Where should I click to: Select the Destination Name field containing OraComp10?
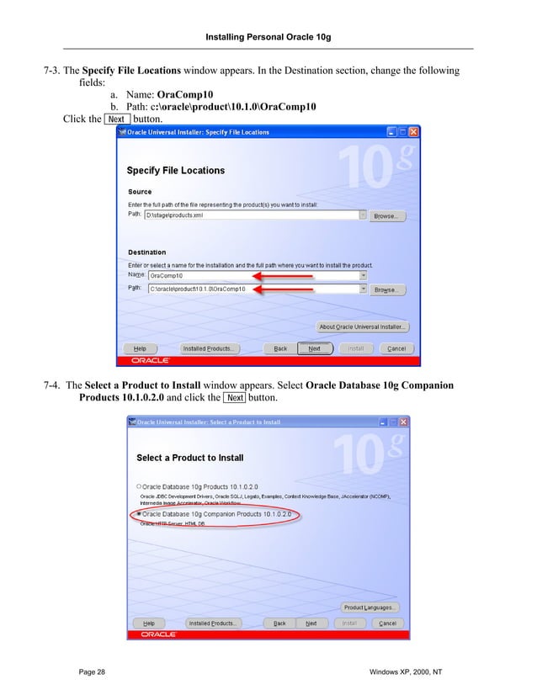[253, 275]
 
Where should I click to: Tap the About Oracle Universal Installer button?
[363, 326]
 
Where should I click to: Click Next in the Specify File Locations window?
[314, 348]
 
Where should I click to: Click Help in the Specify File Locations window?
[140, 348]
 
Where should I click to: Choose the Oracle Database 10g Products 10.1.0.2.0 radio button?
[139, 486]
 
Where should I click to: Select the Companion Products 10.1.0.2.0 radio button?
[139, 512]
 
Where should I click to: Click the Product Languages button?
[370, 607]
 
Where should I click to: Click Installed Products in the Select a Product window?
[211, 623]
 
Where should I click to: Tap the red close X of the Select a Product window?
[403, 421]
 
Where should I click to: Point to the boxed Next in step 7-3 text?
[116, 119]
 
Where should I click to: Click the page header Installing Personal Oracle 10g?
[268, 38]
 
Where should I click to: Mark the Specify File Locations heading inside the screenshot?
[176, 171]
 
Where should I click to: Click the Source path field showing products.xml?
[253, 215]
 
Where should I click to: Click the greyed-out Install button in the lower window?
[350, 623]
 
